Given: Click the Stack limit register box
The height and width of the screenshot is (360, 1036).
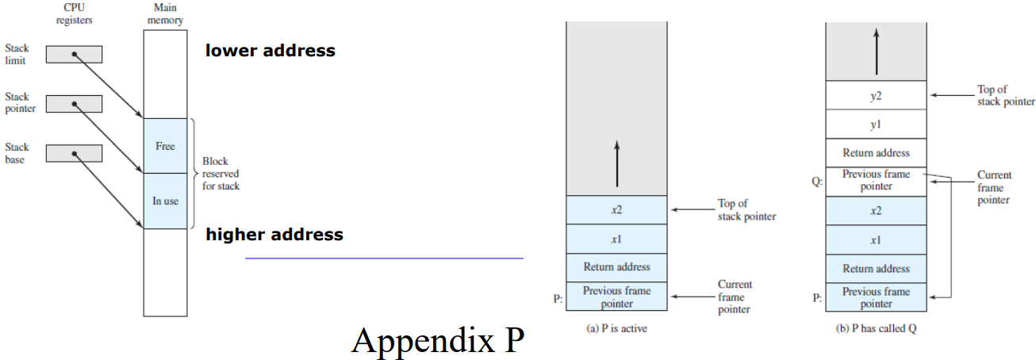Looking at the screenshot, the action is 74,54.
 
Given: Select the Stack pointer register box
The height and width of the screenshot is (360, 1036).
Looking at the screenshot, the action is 74,104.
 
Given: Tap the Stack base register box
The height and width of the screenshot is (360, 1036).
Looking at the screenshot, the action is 74,154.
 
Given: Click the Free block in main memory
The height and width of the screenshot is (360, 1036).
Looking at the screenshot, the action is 165,146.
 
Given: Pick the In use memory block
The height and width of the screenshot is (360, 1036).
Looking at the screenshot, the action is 165,201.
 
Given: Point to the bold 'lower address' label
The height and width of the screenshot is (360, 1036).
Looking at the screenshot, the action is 270,51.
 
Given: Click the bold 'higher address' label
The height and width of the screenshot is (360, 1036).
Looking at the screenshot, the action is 274,235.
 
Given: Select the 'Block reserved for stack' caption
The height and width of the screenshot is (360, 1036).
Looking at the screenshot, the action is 221,174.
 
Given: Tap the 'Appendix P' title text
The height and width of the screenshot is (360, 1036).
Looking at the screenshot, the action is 438,340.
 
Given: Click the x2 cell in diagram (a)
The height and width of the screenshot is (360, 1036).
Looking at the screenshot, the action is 616,210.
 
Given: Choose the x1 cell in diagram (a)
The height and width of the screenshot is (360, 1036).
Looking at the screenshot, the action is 616,239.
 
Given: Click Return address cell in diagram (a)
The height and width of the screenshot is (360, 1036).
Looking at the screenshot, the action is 616,267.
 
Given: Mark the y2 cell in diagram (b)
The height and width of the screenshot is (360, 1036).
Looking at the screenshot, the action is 876,95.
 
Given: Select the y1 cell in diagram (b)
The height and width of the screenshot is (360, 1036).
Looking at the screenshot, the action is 876,124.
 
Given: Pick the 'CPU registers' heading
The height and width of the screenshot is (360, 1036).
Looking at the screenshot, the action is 75,13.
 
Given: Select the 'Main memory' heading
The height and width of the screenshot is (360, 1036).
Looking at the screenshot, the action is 165,13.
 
